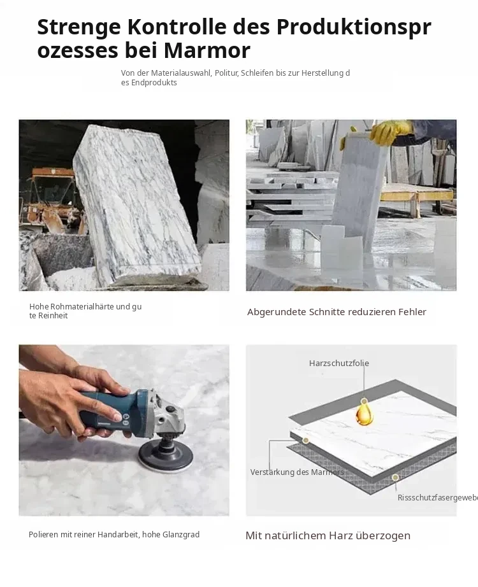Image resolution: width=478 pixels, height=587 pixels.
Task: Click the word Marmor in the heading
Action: coord(207,50)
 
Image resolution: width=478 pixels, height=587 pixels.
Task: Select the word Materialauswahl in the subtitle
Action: coord(181,73)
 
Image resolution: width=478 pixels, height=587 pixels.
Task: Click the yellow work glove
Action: coord(390,131)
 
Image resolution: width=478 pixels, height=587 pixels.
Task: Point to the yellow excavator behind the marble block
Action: coord(52,199)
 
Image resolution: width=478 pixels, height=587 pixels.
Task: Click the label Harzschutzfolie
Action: coord(339,363)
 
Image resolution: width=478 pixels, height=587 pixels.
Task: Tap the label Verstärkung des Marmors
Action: coord(297,472)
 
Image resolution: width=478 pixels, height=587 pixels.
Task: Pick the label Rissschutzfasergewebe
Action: coord(437,498)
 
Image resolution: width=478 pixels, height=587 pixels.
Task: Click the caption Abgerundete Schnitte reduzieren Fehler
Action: coord(337,312)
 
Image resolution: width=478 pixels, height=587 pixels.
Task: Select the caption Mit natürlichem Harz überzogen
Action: coord(328,535)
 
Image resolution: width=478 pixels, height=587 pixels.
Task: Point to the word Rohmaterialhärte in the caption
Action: coord(82,307)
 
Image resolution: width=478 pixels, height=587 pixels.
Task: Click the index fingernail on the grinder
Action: coord(118,417)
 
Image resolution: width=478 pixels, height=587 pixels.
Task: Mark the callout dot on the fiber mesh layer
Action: coord(395,477)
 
